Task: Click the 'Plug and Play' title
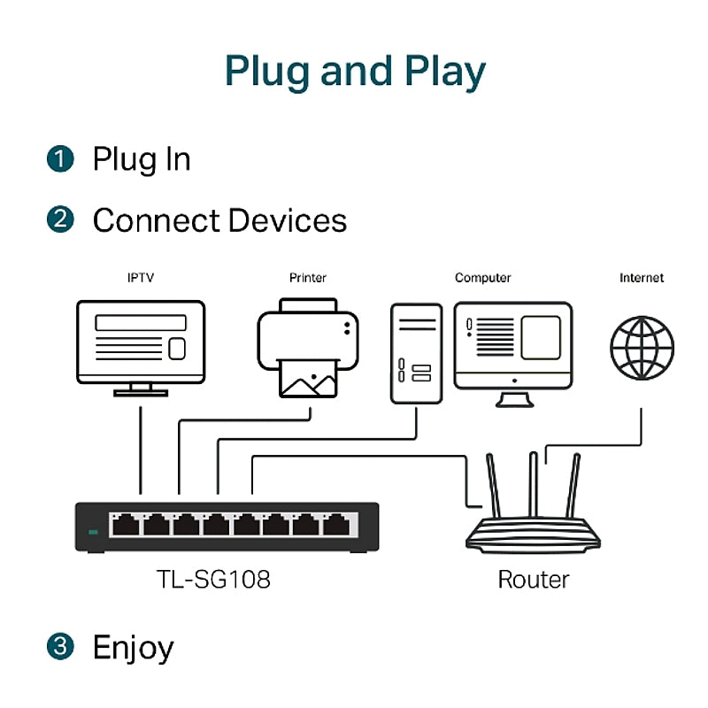point(354,71)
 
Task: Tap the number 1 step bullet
point(59,159)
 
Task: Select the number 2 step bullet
point(59,219)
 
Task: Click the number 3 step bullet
point(59,646)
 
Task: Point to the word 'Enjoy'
point(133,648)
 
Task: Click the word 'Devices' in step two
point(287,219)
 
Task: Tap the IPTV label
point(140,278)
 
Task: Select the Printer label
point(307,278)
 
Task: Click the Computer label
point(482,278)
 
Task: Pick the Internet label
point(641,278)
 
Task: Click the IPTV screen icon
point(141,345)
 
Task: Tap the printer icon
point(310,347)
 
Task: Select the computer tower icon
point(416,354)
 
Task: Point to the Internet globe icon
point(642,347)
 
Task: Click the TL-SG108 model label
point(213,580)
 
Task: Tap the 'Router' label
point(533,580)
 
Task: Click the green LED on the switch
point(93,532)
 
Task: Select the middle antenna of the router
point(533,487)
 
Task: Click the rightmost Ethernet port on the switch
point(335,525)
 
